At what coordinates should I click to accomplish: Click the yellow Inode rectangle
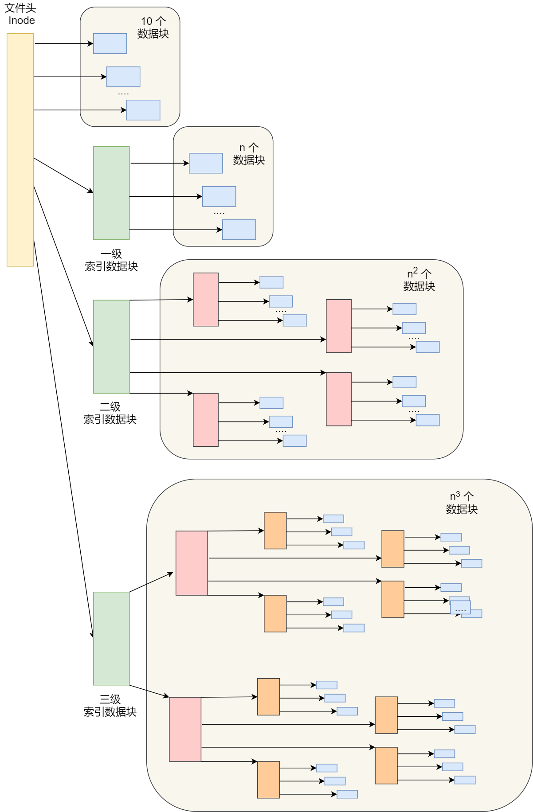[x=20, y=150]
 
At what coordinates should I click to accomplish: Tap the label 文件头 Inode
[x=20, y=14]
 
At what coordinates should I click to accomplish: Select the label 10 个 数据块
[x=153, y=27]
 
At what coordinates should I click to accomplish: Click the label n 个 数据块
[x=249, y=154]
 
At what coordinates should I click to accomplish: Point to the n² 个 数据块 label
[x=419, y=280]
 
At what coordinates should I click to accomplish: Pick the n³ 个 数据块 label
[x=462, y=503]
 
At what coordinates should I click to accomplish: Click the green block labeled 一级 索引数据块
[x=111, y=193]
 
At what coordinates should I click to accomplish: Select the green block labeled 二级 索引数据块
[x=111, y=347]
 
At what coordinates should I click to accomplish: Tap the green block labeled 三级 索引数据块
[x=111, y=638]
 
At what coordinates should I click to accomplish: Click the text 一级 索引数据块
[x=111, y=260]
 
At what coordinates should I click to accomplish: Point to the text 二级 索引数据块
[x=110, y=413]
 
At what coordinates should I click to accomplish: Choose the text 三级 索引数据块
[x=110, y=706]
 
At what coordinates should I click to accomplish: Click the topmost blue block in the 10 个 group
[x=110, y=43]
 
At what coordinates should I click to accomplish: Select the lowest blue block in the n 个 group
[x=239, y=230]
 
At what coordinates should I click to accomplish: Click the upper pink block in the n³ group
[x=192, y=563]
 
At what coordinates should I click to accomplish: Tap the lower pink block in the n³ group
[x=185, y=729]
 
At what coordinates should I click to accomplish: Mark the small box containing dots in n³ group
[x=460, y=608]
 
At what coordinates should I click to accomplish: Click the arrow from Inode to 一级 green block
[x=63, y=176]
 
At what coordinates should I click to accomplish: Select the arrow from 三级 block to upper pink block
[x=151, y=582]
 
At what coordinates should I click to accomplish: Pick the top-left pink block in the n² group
[x=206, y=300]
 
